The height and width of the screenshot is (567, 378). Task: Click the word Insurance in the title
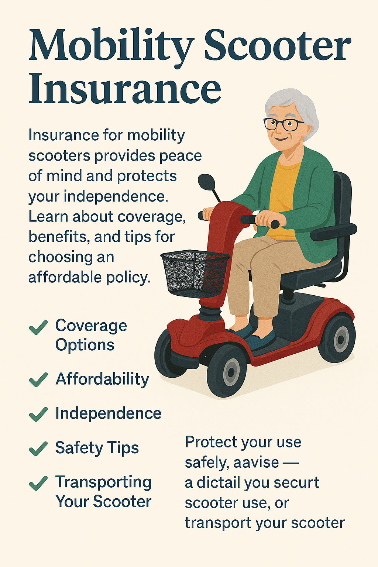click(x=125, y=89)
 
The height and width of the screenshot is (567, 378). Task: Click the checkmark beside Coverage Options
click(x=38, y=327)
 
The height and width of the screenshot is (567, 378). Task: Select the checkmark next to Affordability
click(x=38, y=379)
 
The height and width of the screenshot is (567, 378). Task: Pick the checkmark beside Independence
click(x=38, y=414)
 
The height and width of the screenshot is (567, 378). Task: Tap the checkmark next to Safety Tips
click(x=38, y=448)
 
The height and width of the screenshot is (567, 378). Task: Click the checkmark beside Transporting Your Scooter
click(x=38, y=483)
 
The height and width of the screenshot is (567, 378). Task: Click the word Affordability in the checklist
click(x=102, y=379)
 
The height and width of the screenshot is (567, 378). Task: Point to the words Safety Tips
click(x=97, y=448)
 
